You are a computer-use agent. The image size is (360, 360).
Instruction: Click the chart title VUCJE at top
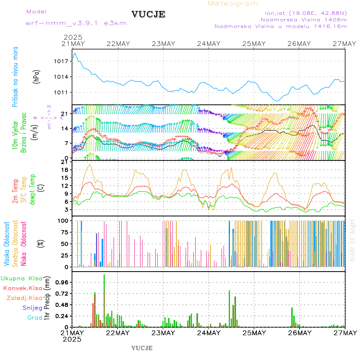pos(148,14)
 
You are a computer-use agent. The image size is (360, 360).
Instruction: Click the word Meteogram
pos(233,4)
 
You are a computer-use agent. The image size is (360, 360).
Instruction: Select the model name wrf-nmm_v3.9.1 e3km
pos(76,23)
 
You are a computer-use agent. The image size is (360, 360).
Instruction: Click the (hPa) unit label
pos(36,76)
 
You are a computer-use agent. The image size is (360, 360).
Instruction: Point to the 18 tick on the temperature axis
pos(66,170)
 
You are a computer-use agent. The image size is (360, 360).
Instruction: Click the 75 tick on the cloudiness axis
pos(64,232)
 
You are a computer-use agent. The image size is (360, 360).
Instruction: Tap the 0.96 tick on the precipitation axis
pos(61,282)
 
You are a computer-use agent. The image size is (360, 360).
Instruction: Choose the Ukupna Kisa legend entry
pos(21,278)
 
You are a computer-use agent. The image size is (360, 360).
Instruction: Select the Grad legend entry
pos(35,318)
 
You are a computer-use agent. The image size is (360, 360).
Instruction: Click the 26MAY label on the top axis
pos(299,44)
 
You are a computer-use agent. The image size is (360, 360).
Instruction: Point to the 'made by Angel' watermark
pos(352,240)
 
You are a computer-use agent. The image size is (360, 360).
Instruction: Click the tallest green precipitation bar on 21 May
pos(104,300)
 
